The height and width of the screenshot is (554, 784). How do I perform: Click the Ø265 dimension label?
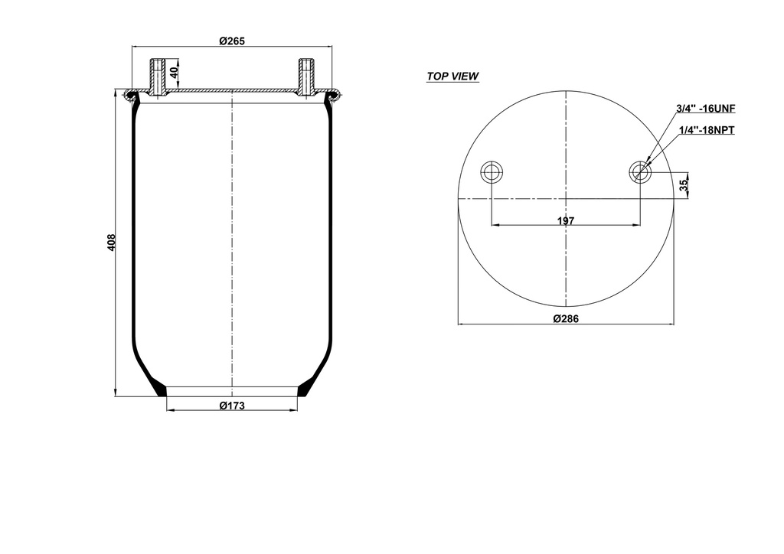coord(231,41)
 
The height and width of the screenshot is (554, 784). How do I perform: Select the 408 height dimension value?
coord(111,243)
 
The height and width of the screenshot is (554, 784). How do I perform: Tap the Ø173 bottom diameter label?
coord(231,406)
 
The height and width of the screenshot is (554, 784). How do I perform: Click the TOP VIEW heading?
coord(452,77)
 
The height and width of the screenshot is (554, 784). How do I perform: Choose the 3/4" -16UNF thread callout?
coord(705,109)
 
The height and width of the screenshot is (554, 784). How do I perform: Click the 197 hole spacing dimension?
coord(565,220)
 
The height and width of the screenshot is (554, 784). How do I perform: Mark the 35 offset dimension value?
coord(684,184)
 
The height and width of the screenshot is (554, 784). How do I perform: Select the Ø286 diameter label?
coord(565,319)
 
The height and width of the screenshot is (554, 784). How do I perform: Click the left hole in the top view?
coord(491,172)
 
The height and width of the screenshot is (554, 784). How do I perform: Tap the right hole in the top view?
coord(640,172)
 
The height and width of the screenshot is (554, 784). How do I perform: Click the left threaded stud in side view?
coord(157,77)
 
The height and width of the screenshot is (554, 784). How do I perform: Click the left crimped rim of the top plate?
coord(132,96)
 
